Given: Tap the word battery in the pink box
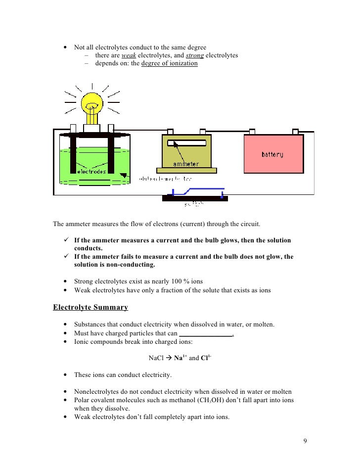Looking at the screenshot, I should [x=272, y=154].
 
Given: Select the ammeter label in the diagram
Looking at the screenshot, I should [x=186, y=164].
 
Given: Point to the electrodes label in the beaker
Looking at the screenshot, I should [x=91, y=172].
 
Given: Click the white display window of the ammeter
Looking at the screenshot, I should [x=186, y=143].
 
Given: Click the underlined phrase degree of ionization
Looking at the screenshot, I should [x=169, y=64].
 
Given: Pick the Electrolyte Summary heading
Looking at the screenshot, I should [x=90, y=307].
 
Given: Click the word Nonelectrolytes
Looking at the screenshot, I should [x=97, y=391].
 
